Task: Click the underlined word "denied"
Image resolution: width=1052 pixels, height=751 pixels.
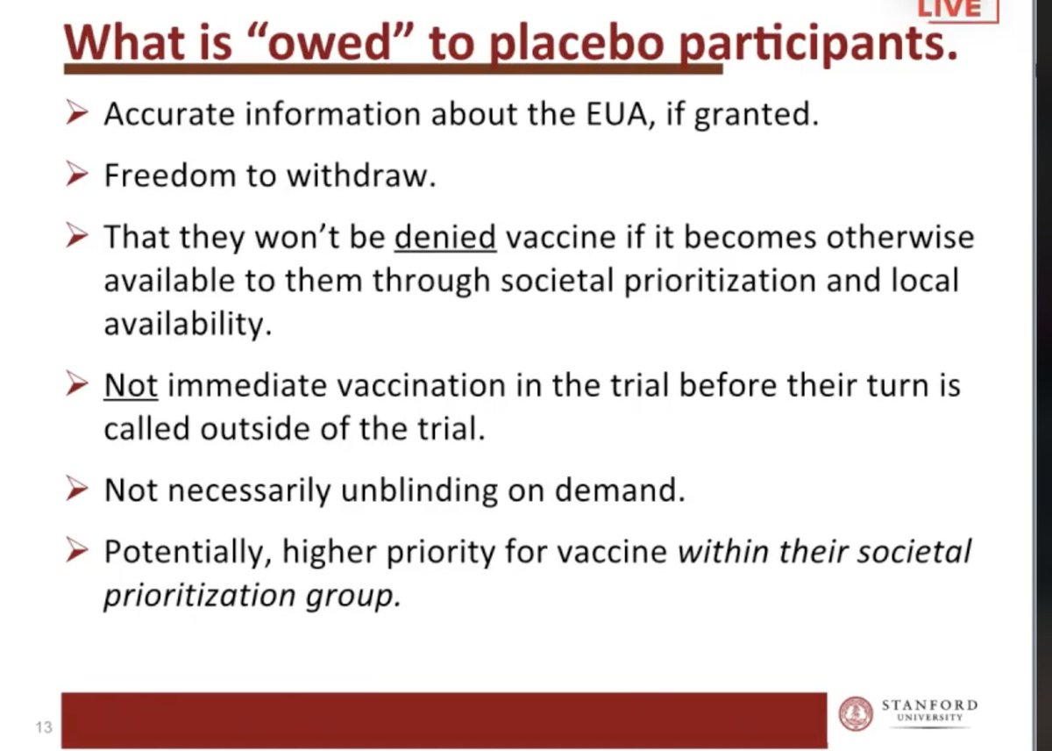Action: [445, 238]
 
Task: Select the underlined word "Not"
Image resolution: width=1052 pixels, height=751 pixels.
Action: [131, 385]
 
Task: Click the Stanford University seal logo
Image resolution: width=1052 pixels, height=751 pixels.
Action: [856, 713]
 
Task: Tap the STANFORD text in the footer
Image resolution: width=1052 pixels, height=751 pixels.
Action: [929, 705]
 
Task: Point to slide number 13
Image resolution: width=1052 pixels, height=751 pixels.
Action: [43, 727]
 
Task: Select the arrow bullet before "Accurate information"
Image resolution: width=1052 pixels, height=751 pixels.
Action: [77, 115]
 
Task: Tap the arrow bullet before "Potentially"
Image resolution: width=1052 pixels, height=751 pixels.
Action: [77, 552]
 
